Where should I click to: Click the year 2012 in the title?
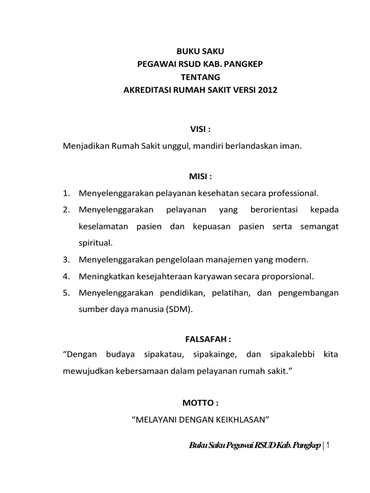(268, 90)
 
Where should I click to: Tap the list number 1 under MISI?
(66, 194)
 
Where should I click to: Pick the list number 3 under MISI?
(66, 259)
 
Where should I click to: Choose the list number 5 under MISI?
(66, 293)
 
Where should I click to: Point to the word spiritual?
(95, 243)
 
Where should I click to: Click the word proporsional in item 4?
(288, 276)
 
